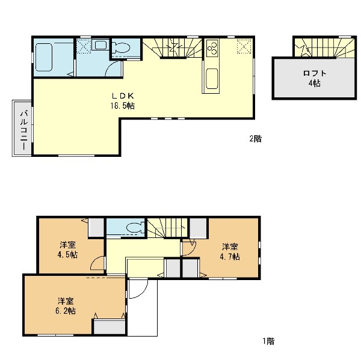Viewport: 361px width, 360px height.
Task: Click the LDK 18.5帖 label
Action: tap(123, 101)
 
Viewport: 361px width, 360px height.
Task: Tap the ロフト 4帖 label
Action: tap(315, 79)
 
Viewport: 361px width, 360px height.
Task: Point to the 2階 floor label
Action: tap(256, 139)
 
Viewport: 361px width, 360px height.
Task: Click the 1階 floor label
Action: tap(269, 341)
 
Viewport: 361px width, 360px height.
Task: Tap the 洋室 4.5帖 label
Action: tap(67, 250)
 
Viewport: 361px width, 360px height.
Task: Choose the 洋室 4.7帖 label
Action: tap(230, 251)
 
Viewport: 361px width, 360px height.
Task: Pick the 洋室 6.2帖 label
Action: tap(66, 306)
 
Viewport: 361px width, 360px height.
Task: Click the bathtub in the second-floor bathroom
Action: tap(43, 57)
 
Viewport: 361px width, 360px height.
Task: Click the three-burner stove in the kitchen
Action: tap(212, 47)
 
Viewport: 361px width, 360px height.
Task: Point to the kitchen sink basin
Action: tap(212, 79)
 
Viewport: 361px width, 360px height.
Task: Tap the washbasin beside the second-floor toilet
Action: tap(100, 44)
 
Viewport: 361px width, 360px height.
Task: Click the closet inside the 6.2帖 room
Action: tap(110, 327)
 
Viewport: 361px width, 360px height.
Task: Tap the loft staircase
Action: tap(325, 47)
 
